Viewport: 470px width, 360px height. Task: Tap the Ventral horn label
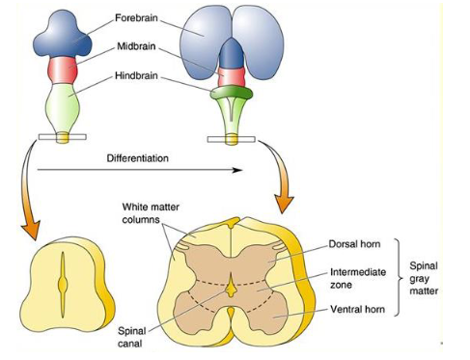(355, 309)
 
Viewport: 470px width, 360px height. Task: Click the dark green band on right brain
(229, 96)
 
